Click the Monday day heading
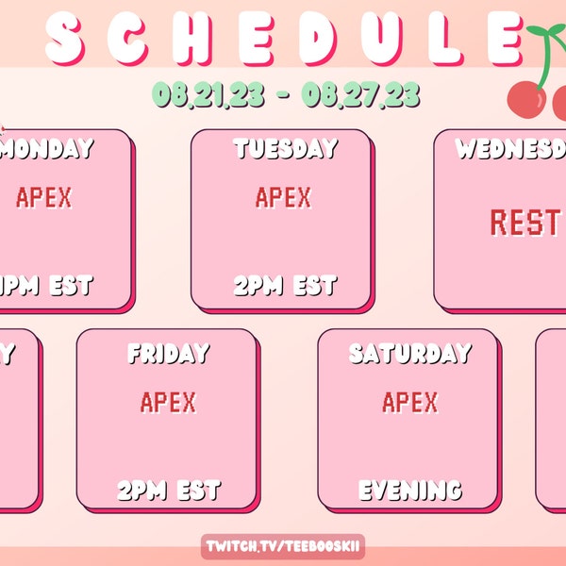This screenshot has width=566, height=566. [x=48, y=149]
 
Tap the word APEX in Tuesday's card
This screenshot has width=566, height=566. [x=283, y=197]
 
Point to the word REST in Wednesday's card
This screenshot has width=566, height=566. [x=524, y=223]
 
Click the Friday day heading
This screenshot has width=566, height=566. [x=168, y=354]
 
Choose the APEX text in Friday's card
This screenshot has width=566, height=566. [x=168, y=403]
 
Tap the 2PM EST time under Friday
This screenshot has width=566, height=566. [x=168, y=491]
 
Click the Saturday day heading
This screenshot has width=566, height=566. [x=409, y=354]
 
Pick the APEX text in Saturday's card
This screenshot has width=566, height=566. [x=410, y=403]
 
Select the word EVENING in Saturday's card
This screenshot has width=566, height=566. [x=409, y=491]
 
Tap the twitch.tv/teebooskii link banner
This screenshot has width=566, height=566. [x=284, y=547]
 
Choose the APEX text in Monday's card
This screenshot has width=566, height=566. [x=44, y=197]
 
